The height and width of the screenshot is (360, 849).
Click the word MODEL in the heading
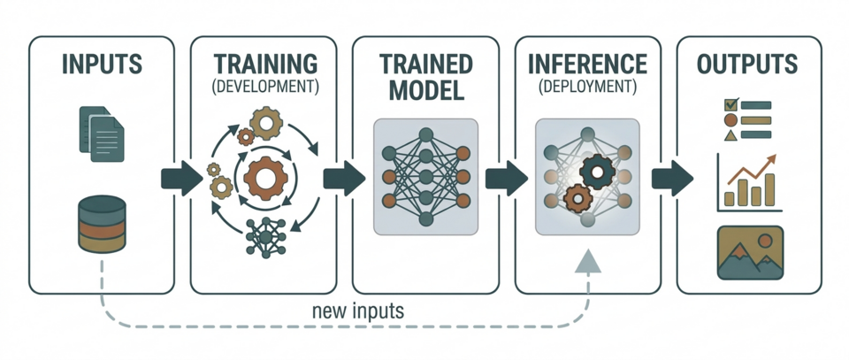(x=425, y=90)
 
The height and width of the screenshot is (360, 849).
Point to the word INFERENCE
(x=587, y=64)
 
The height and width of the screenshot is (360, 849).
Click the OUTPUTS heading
(x=747, y=65)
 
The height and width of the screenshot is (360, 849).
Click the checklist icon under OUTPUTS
(x=747, y=119)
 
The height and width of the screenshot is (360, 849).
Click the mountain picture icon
(x=750, y=251)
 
